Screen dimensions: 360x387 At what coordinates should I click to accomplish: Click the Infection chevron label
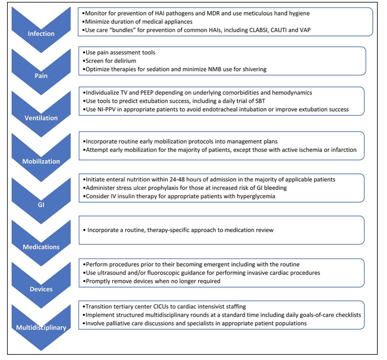click(41, 34)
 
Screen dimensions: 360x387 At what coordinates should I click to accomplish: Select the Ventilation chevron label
click(41, 118)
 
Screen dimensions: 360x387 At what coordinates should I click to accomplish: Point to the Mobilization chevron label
click(41, 161)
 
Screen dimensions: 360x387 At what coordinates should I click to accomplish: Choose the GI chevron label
click(41, 204)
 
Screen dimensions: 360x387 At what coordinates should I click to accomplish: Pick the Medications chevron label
click(41, 247)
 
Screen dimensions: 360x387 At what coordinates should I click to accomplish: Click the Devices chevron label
click(41, 289)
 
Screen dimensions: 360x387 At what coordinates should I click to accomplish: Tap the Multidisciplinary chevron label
click(41, 328)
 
